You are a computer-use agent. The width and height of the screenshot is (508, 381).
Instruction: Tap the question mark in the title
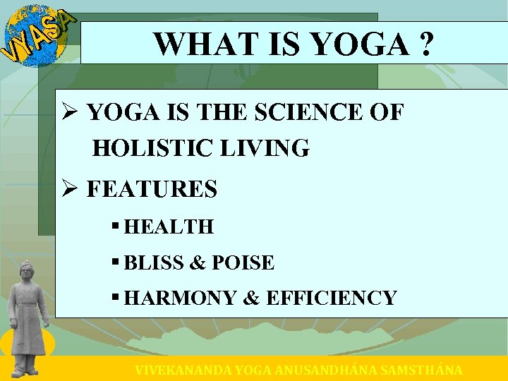[425, 44]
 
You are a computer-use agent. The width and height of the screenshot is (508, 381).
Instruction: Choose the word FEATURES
[152, 189]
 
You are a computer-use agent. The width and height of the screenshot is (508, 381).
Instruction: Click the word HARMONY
[180, 298]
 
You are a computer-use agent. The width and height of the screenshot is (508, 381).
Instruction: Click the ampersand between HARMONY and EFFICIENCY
[250, 298]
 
